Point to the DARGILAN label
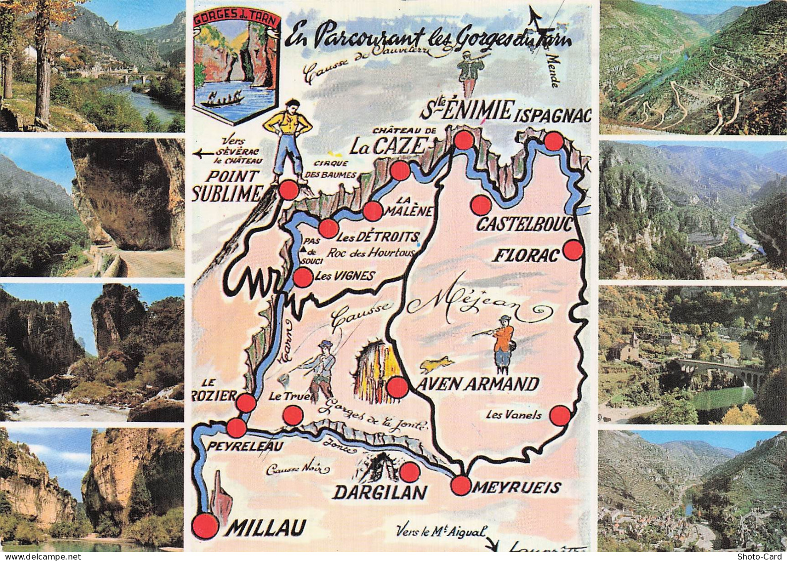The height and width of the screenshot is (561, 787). click(380, 492)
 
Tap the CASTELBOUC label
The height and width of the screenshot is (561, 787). click(525, 225)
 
